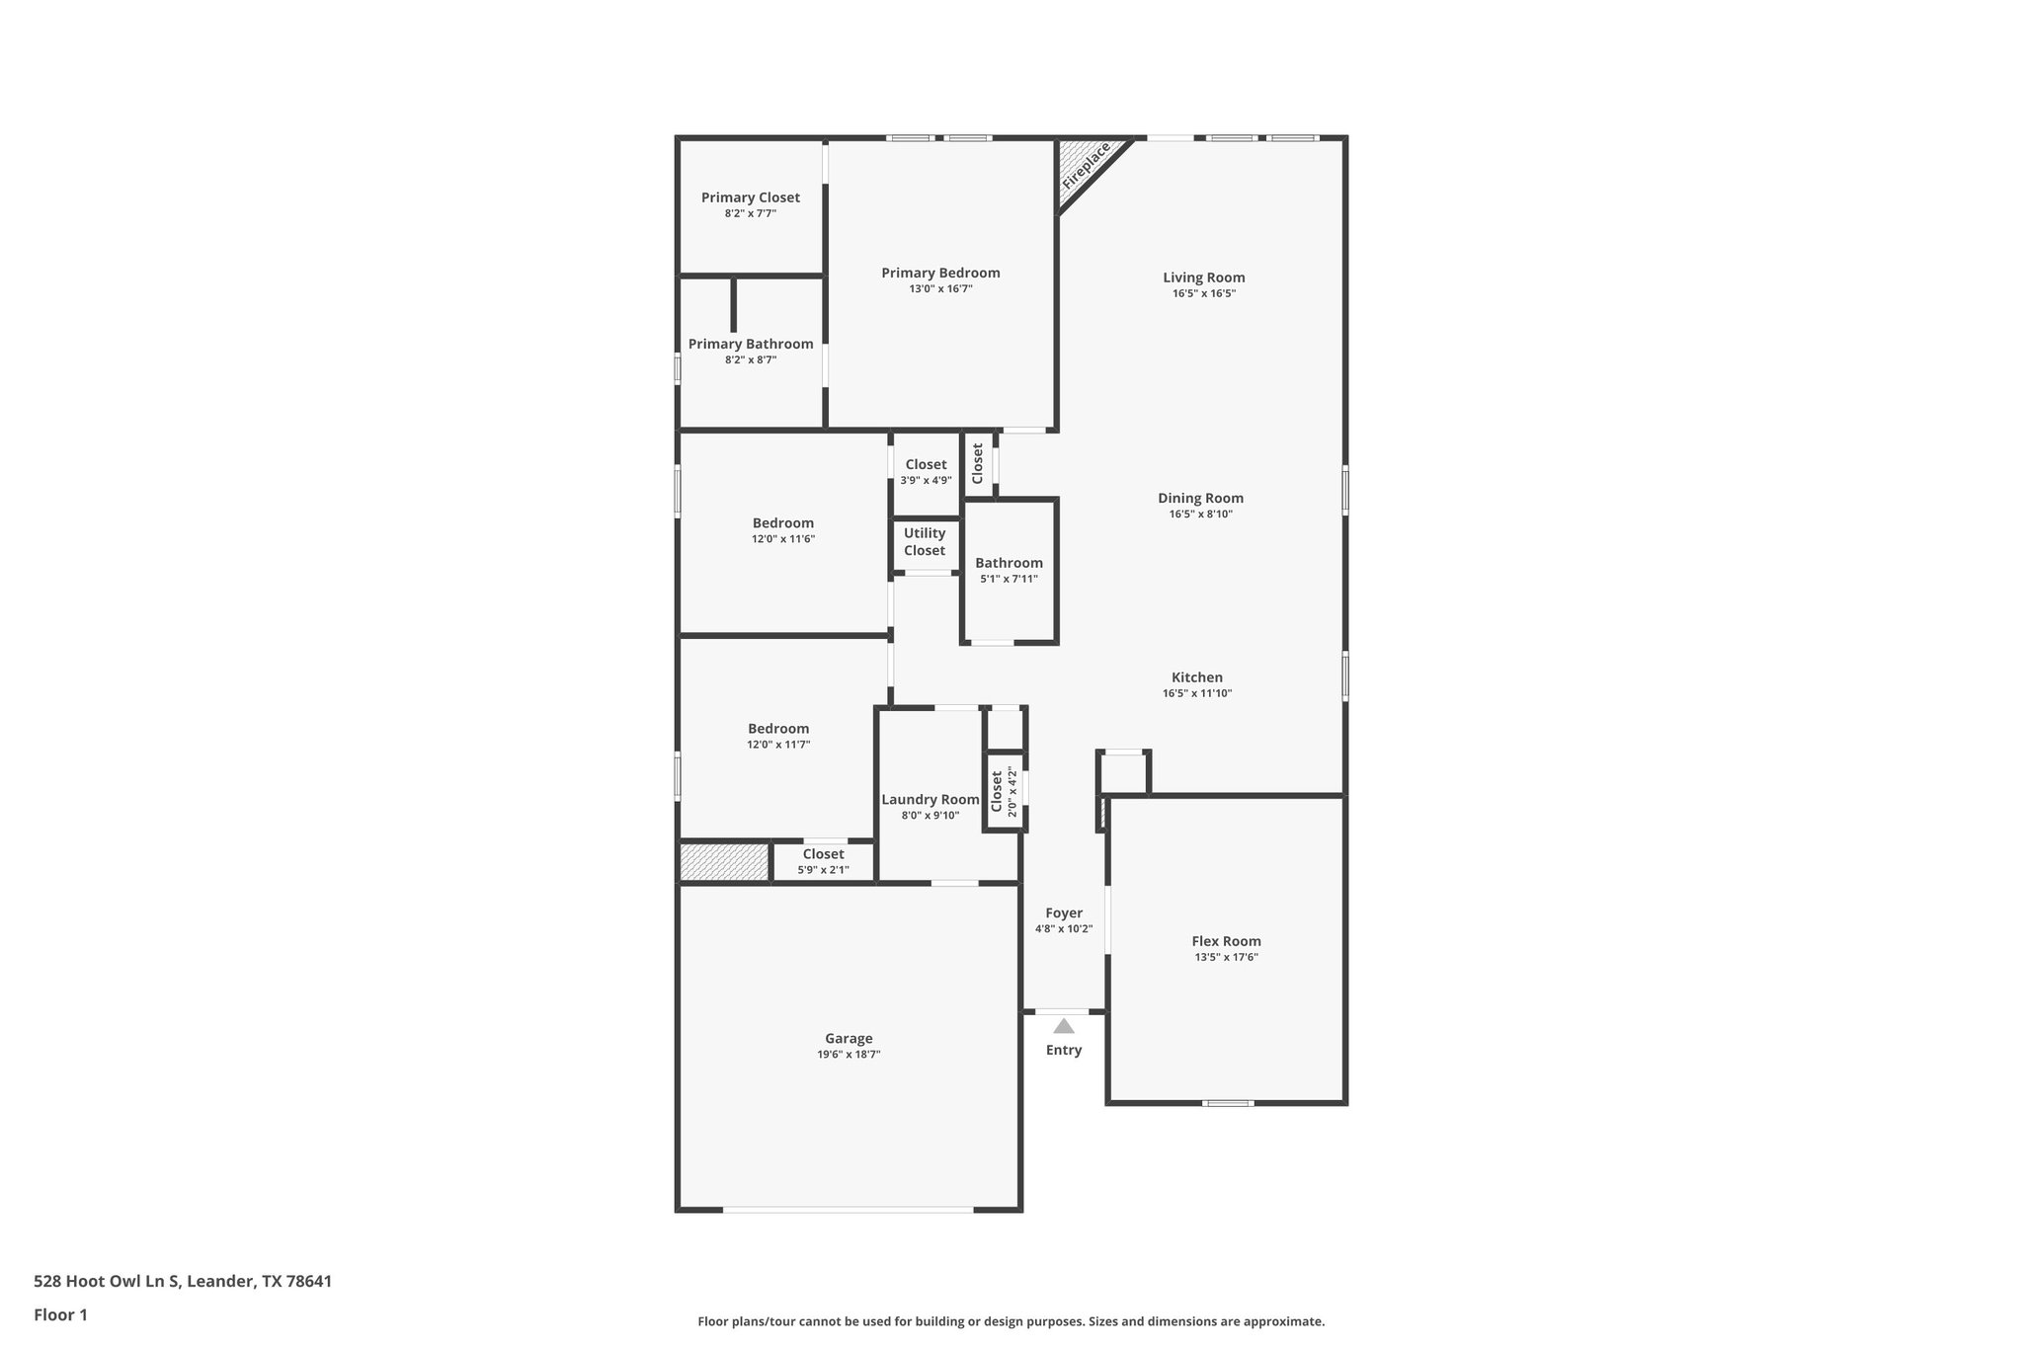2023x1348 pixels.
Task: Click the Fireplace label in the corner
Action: click(1086, 167)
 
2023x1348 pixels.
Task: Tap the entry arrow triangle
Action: click(1063, 1026)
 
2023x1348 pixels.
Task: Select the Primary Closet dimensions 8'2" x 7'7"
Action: click(750, 213)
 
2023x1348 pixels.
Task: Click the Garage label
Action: click(849, 1038)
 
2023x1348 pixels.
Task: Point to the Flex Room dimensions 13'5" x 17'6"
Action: click(1226, 957)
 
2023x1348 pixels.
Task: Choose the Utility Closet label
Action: click(925, 542)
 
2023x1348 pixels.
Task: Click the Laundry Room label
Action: click(930, 800)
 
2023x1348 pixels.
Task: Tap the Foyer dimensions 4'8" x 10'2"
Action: click(1063, 929)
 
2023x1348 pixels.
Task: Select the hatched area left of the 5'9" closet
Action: click(724, 862)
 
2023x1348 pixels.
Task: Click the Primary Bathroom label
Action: click(751, 344)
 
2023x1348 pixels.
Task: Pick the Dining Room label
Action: click(1200, 499)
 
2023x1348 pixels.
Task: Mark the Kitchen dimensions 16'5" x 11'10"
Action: click(1197, 693)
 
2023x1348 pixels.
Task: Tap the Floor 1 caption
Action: click(60, 1314)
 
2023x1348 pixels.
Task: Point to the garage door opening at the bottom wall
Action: click(848, 1209)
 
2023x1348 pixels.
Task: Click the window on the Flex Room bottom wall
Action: click(1227, 1102)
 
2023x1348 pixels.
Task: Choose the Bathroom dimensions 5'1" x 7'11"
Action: click(1009, 579)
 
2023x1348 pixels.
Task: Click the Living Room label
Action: click(1203, 278)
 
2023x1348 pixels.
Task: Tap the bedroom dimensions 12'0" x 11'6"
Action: click(782, 539)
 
